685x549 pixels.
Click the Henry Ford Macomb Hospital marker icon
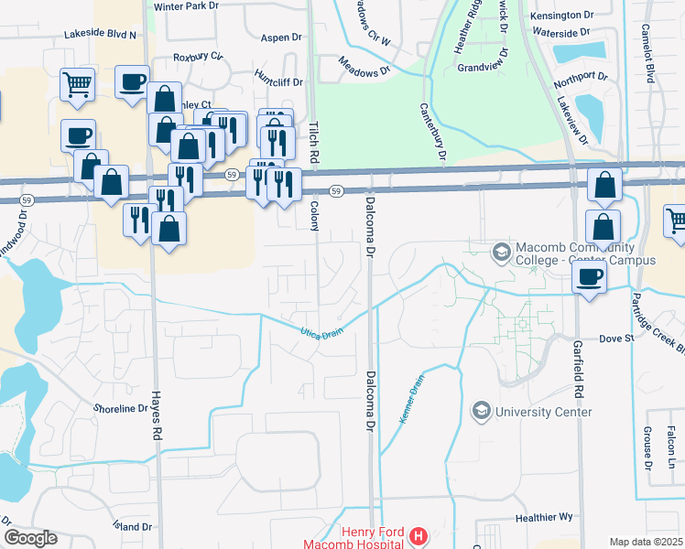[418, 535]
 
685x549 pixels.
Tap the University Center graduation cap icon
[480, 412]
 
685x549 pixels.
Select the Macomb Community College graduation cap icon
[501, 251]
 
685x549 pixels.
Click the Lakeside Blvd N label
[100, 35]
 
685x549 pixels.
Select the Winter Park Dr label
[188, 6]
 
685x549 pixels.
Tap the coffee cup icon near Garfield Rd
[590, 276]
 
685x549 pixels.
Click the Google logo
[30, 538]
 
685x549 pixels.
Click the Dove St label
[616, 339]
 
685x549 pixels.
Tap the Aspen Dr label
[281, 38]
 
